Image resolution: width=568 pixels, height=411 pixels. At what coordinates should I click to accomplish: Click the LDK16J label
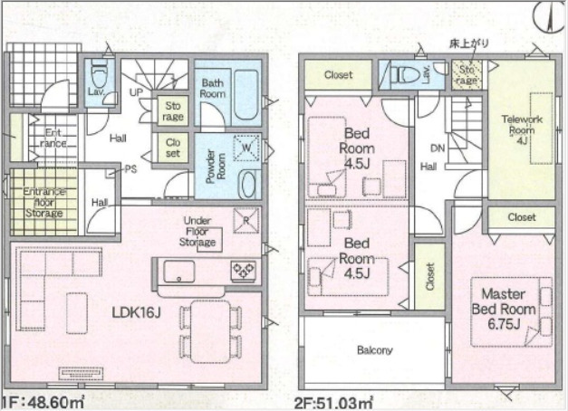coord(136,312)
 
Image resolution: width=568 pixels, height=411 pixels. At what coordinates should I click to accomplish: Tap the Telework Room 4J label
coord(522,129)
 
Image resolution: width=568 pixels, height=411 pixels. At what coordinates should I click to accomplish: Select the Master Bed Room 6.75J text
coord(504,309)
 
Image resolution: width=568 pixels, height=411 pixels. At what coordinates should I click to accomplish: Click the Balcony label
coord(374,350)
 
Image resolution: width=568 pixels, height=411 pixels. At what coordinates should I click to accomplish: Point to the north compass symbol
coord(550,17)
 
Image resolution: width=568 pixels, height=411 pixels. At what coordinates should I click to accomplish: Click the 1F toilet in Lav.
coord(98,74)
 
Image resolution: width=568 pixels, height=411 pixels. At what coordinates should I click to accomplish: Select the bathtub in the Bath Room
coord(246,96)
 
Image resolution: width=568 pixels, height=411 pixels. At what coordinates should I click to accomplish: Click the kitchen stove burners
coord(243,270)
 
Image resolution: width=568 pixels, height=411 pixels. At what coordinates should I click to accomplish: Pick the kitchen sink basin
coord(179,271)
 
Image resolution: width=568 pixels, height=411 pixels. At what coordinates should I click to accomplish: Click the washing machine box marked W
coord(246,148)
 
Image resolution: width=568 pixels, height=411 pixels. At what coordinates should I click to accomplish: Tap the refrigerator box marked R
coord(246,220)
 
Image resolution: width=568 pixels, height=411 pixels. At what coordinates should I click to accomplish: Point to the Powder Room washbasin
coord(248,185)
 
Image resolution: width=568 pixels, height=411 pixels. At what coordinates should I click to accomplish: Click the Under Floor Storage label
coord(197,232)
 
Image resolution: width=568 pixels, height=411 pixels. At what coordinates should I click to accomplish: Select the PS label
coord(130,169)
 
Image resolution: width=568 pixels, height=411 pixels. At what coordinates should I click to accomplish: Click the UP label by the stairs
coord(136,92)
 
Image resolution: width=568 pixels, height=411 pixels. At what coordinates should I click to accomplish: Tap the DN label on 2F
coord(438,148)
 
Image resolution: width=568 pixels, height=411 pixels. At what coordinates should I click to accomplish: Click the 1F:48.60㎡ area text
coord(43,402)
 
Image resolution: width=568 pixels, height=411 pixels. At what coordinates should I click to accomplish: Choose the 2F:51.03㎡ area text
coord(334,403)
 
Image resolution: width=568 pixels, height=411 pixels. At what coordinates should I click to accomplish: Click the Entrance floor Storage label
coord(44,202)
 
